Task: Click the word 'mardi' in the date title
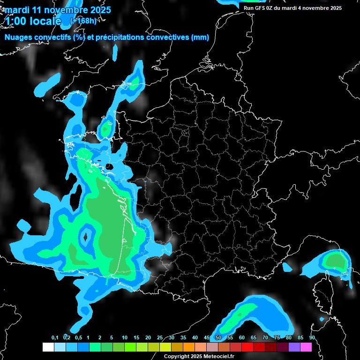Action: click(16, 10)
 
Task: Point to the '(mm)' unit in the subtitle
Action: click(200, 37)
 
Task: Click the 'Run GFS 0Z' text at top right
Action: click(260, 8)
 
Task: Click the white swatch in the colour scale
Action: click(48, 347)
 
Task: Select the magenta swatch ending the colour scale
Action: click(306, 347)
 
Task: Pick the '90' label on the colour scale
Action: click(312, 337)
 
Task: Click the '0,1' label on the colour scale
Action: click(55, 337)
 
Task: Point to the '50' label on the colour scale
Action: click(218, 337)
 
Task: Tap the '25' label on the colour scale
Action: click(160, 337)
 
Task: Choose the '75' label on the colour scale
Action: click(277, 337)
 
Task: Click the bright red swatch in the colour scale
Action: click(247, 347)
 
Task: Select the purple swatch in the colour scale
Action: click(294, 347)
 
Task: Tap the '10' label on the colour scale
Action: click(125, 337)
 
